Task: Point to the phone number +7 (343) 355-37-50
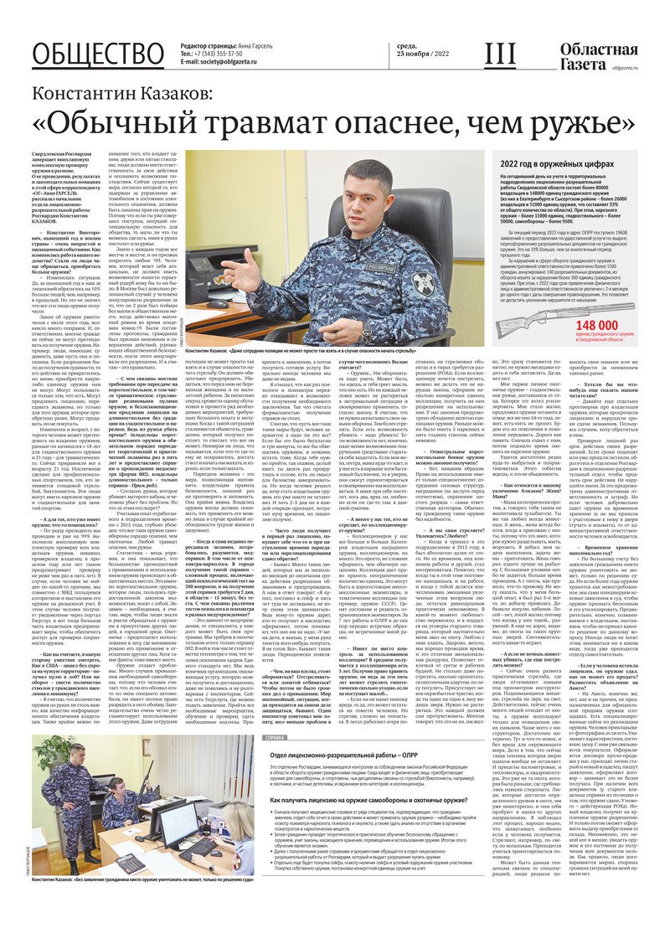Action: (x=223, y=53)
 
